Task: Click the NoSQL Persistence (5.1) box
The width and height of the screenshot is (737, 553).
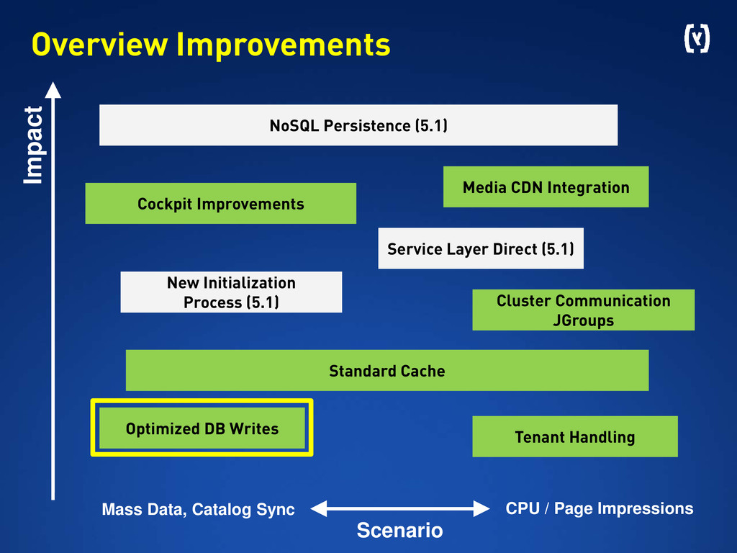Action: pos(358,125)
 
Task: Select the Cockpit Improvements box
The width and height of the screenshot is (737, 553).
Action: pos(220,204)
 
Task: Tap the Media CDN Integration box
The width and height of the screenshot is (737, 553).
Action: pos(546,187)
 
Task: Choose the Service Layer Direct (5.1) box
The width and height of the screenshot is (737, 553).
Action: pos(480,249)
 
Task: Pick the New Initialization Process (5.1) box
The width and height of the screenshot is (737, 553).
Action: pos(231,292)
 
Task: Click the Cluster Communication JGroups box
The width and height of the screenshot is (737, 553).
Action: pos(583,310)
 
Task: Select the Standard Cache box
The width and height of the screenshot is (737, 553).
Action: pos(386,371)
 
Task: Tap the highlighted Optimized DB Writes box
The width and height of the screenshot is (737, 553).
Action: pos(202,428)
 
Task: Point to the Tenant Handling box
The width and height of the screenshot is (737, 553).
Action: pos(574,436)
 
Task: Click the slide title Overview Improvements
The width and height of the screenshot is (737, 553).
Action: pos(210,45)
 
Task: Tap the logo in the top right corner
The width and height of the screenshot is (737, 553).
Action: pos(695,40)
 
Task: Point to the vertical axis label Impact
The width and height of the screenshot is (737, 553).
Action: pos(33,145)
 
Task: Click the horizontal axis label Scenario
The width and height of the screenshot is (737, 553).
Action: pos(399,531)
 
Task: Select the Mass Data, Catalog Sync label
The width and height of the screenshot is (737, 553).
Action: pos(198,510)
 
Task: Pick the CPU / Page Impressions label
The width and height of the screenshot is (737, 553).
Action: pos(599,508)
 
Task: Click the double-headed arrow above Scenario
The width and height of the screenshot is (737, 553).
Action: pos(399,508)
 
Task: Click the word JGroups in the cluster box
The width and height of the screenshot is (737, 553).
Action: pos(583,320)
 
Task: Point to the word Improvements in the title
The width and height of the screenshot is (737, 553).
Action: pos(283,45)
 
